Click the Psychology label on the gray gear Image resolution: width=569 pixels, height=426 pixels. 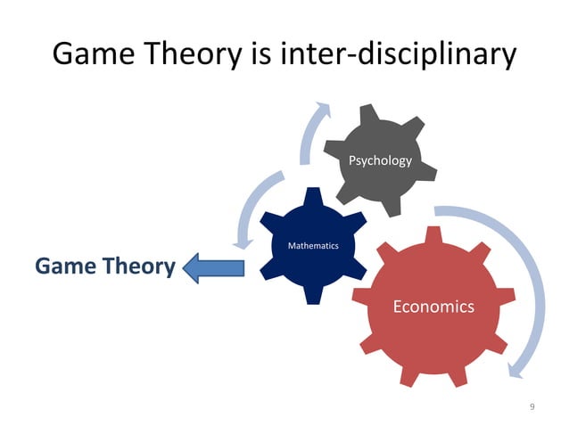point(380,161)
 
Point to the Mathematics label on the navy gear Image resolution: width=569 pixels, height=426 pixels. point(312,245)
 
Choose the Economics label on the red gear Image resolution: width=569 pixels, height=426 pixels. point(433,307)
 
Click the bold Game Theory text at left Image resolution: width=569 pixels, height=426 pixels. point(103,266)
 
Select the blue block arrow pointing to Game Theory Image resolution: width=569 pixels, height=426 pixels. point(214,266)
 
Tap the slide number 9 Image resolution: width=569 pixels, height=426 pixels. point(532,407)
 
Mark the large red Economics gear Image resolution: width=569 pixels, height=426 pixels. point(419,348)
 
